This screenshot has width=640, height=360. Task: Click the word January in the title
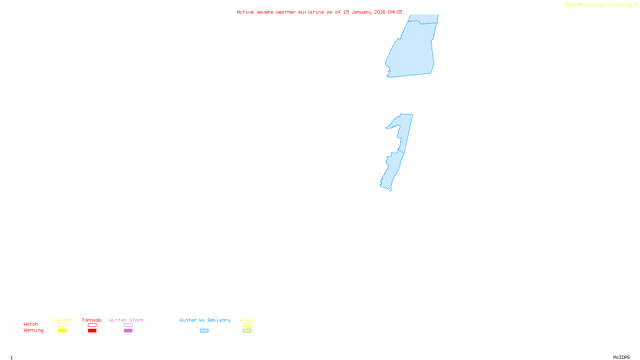click(361, 12)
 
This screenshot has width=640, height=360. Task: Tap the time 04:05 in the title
click(395, 12)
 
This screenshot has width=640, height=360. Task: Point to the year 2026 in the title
click(380, 12)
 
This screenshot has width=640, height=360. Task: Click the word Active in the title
click(245, 12)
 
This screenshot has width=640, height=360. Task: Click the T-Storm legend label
click(62, 320)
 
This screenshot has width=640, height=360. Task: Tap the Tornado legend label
click(92, 320)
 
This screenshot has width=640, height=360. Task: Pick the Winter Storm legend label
click(126, 320)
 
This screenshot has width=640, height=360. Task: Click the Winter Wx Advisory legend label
click(205, 320)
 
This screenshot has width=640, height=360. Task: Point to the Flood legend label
click(247, 320)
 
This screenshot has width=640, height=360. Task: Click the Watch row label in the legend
click(31, 324)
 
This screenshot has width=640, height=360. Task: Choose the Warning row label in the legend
click(33, 330)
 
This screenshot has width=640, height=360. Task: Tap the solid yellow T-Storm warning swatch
click(62, 331)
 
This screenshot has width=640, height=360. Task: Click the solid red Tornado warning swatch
click(92, 331)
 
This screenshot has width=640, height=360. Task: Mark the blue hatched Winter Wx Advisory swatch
click(204, 331)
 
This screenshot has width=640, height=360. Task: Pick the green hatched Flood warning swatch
click(247, 331)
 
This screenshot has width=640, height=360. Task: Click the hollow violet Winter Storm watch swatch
click(128, 325)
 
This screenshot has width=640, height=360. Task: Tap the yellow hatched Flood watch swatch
click(247, 325)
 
